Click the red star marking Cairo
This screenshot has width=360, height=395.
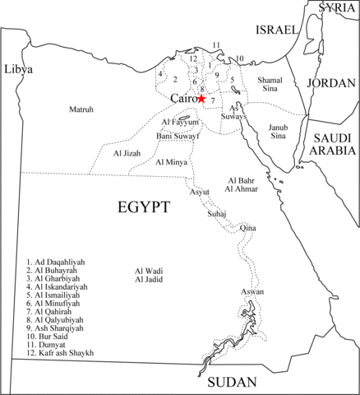[202, 99]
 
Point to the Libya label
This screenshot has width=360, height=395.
[18, 69]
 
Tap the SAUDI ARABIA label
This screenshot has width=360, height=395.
[333, 144]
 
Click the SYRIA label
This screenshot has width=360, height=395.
[337, 7]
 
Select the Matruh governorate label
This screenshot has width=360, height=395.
[81, 109]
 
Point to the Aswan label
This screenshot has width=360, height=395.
[252, 292]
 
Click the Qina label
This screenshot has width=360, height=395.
[247, 227]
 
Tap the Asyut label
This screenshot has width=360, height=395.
[200, 192]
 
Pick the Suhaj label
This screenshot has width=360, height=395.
[217, 212]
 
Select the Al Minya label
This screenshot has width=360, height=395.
[171, 162]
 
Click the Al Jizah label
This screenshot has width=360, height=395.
[128, 153]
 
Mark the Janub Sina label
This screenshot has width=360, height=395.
[279, 132]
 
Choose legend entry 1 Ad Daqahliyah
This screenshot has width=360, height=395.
[58, 262]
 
